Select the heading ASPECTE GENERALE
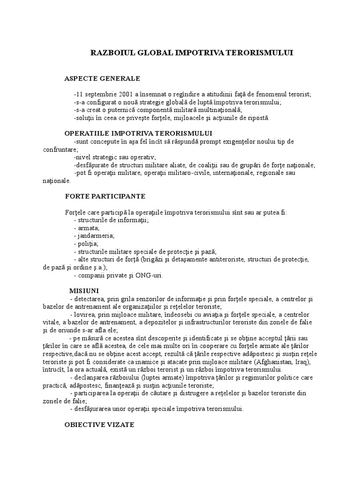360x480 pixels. (x=102, y=78)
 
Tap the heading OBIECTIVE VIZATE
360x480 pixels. (x=99, y=425)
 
